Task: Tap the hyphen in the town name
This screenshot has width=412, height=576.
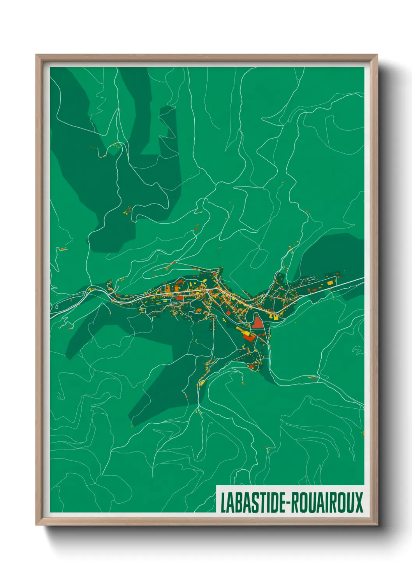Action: point(288,503)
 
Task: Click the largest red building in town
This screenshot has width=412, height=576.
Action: point(258,323)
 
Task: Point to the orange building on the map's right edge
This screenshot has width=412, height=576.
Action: point(363,433)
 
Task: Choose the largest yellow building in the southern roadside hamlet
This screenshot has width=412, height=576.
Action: point(202,383)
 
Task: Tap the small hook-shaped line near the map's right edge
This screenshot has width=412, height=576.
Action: point(357,353)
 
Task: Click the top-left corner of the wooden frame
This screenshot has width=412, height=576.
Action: point(37,55)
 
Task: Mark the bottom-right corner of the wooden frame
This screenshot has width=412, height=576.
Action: point(377,525)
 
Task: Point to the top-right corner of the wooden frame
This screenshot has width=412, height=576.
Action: point(377,55)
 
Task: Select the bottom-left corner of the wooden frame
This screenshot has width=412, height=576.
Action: point(37,525)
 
